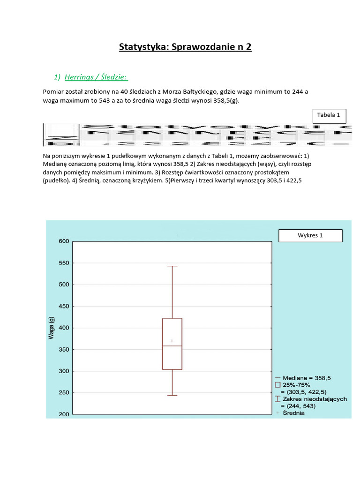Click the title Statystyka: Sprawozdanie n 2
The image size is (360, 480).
[x=185, y=47]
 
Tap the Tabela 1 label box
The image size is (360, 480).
[x=332, y=115]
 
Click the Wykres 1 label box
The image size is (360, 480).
[x=310, y=235]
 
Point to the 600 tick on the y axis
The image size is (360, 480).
[x=64, y=241]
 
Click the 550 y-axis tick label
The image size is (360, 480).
[x=64, y=263]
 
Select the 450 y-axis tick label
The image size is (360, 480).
[x=64, y=307]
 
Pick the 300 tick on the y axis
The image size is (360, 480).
[x=64, y=371]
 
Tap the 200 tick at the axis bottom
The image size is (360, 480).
[x=64, y=414]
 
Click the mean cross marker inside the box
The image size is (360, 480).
[x=172, y=341]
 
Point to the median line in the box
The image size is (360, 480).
[x=172, y=346]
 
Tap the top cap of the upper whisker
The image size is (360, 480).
[x=172, y=266]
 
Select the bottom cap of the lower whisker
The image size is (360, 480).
[x=172, y=396]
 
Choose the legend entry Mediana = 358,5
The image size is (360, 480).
[x=304, y=377]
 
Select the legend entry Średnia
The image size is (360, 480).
[x=292, y=413]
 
